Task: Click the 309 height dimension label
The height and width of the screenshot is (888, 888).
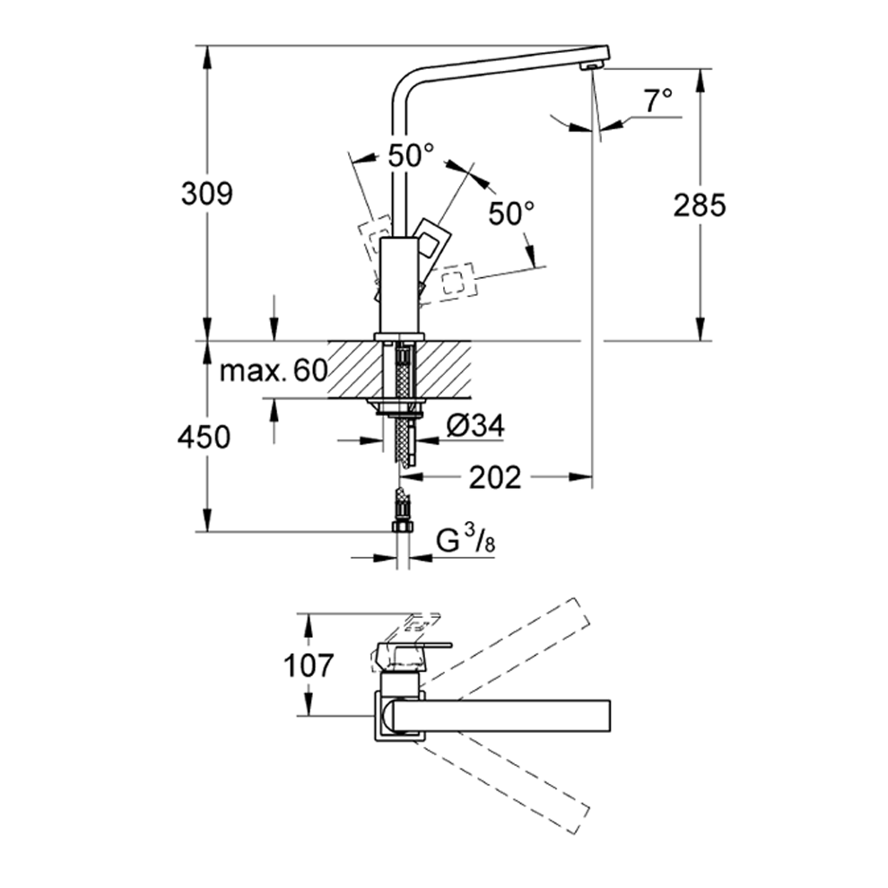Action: pos(206,193)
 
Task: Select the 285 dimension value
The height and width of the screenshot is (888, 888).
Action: pos(699,205)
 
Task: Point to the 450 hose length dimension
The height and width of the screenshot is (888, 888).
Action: pos(205,437)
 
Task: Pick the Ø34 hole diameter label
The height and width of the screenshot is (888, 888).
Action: pos(474,426)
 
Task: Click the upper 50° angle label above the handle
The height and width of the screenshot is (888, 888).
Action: pos(410,155)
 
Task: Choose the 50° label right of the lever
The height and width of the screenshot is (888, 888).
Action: pos(511,213)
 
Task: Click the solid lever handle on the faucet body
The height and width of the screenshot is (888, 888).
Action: pos(431,239)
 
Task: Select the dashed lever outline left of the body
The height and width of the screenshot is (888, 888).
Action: pos(373,235)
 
